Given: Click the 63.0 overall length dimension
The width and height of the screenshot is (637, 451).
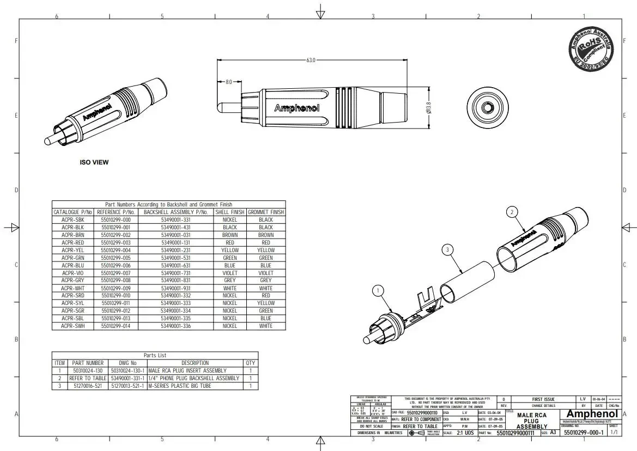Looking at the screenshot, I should [x=310, y=60].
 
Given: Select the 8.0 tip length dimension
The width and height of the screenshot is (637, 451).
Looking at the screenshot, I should [x=228, y=82].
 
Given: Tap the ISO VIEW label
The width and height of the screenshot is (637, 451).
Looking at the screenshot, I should [x=94, y=162].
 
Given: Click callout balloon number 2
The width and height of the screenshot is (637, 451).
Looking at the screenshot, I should [x=511, y=211].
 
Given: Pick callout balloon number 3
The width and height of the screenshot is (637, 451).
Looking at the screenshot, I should [x=447, y=249].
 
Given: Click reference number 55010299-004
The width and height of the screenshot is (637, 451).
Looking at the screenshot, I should [x=116, y=250].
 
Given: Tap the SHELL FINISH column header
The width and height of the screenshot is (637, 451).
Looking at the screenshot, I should [x=230, y=212].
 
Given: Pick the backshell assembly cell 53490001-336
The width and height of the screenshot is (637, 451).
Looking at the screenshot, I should [x=175, y=326].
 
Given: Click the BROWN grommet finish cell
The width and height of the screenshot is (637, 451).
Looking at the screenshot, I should [x=266, y=235].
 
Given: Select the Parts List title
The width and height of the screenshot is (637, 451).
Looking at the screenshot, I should [x=155, y=355].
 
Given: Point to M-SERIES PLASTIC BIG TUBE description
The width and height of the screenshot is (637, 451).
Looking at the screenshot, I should [x=179, y=386].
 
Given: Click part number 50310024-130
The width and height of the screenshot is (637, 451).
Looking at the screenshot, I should [x=88, y=370].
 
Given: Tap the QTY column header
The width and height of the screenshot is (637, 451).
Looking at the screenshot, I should [x=250, y=363].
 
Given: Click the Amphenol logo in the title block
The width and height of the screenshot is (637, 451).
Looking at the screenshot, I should [x=592, y=415].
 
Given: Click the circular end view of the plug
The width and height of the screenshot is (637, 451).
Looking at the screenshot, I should [x=487, y=107].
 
